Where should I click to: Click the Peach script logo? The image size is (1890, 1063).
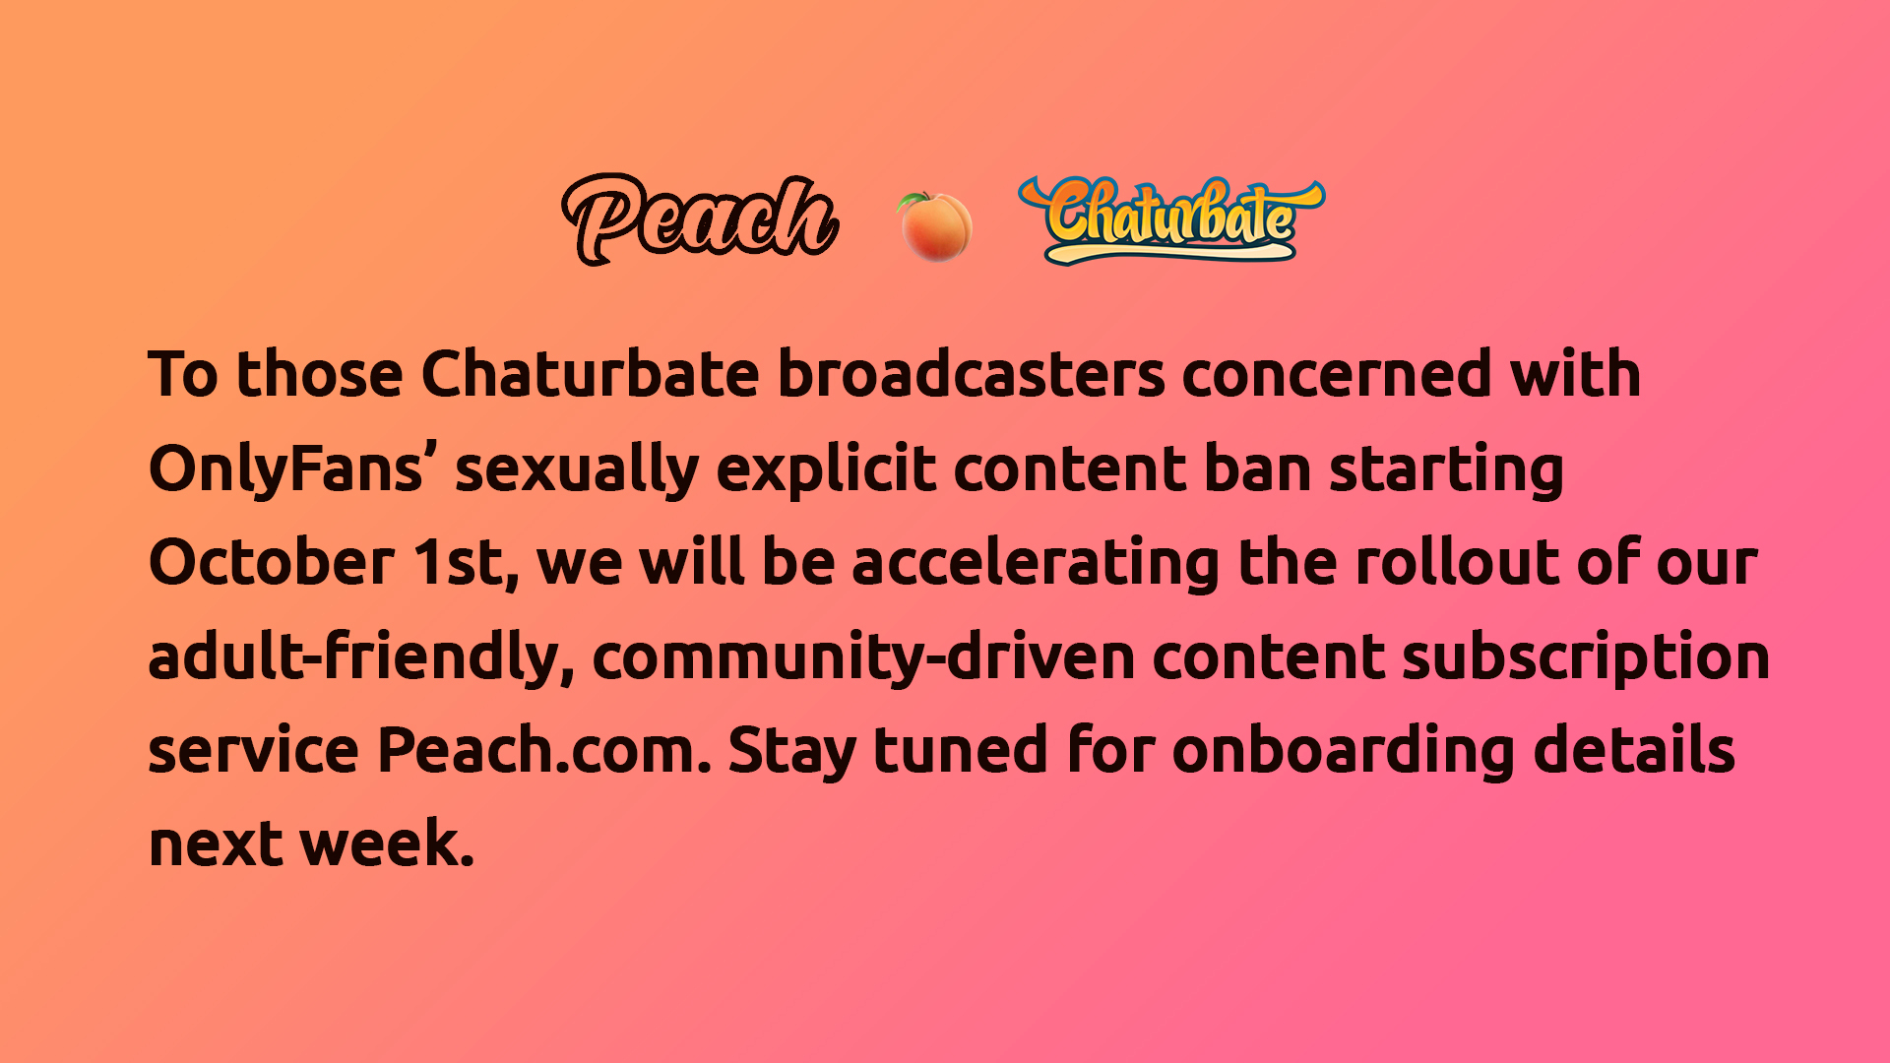(x=699, y=219)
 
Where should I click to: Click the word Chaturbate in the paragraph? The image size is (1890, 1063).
(x=590, y=375)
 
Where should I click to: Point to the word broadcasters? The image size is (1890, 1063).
(x=971, y=375)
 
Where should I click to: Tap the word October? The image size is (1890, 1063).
(x=271, y=563)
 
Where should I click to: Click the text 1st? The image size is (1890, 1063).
(x=465, y=563)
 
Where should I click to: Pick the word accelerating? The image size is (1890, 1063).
(x=1036, y=563)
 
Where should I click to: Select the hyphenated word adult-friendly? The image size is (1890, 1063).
(x=360, y=657)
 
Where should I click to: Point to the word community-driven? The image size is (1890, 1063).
(x=863, y=657)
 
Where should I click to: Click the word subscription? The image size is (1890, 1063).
(x=1585, y=657)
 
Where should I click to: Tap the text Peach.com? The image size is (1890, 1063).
(x=543, y=751)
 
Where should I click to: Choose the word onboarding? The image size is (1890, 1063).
(x=1344, y=751)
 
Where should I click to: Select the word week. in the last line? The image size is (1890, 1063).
(x=387, y=844)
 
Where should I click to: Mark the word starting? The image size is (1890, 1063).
(x=1446, y=469)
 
